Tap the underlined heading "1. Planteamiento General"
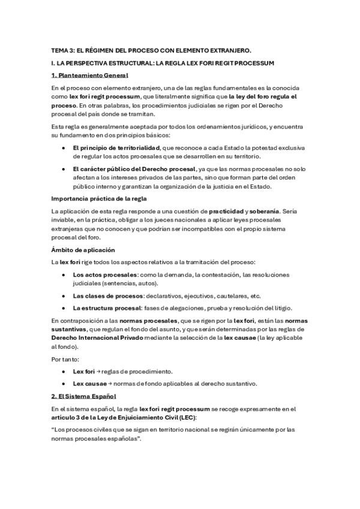point(89,75)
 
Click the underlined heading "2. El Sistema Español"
point(83,397)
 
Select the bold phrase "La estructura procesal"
point(106,309)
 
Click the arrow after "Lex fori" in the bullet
point(98,372)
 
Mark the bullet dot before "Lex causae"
point(64,384)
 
